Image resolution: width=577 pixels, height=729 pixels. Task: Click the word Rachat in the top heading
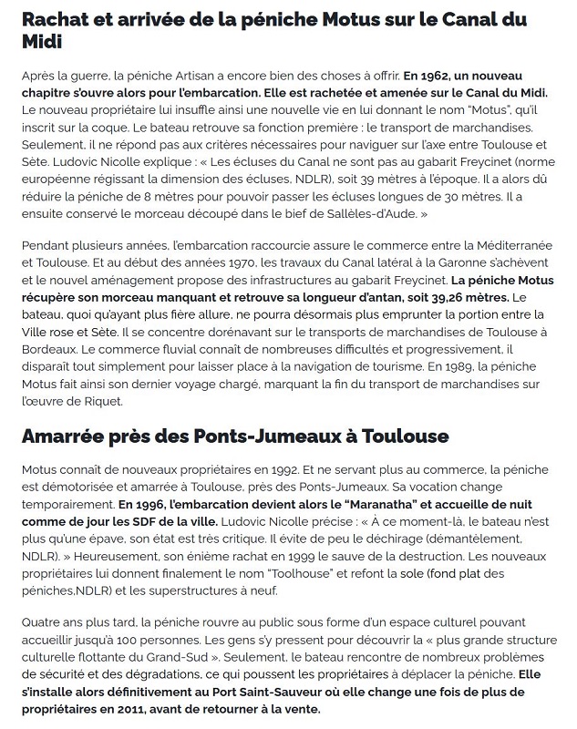click(x=54, y=20)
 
